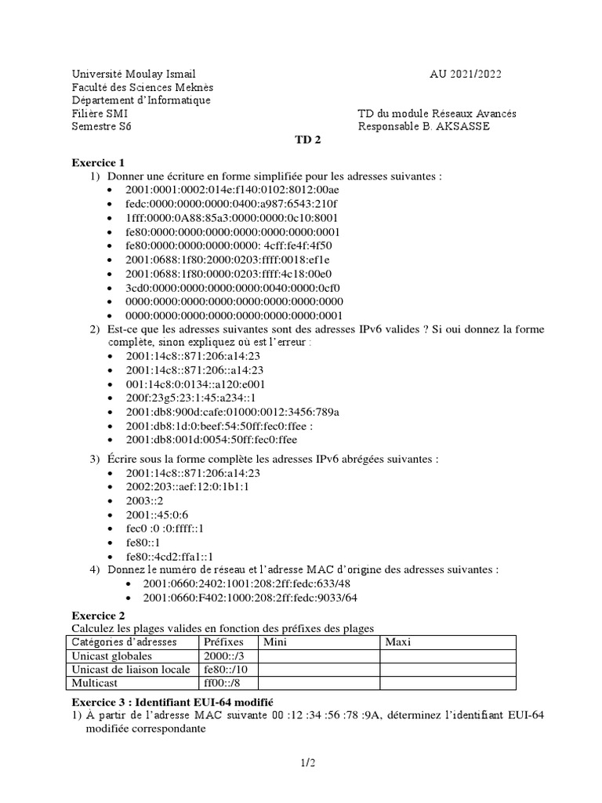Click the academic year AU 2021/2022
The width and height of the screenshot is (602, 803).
[x=466, y=74]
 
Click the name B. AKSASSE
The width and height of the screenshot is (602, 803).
[x=459, y=127]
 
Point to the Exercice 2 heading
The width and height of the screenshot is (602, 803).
[x=99, y=616]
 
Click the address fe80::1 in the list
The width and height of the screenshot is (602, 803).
[x=143, y=541]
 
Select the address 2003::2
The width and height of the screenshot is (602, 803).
[x=144, y=500]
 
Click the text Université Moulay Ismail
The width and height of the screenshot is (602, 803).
[x=134, y=74]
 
